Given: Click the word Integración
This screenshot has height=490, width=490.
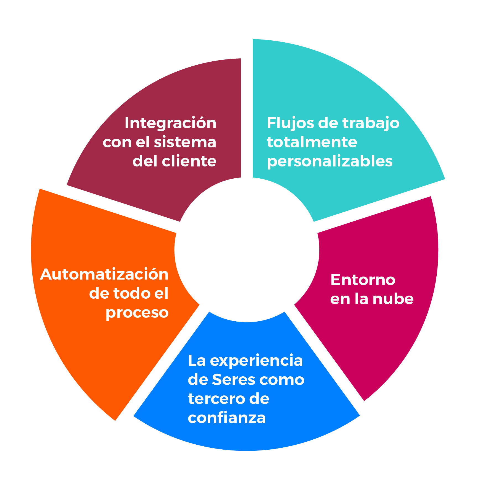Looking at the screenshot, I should pos(170,123).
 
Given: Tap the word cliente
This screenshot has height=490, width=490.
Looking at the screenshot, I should pos(189,161).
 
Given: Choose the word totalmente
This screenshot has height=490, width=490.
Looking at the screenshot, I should pos(312,142).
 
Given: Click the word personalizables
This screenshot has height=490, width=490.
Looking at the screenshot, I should pos(330,162).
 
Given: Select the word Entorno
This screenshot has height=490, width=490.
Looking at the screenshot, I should pos(363,280).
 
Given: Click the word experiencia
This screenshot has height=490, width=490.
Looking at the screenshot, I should pos(256,361).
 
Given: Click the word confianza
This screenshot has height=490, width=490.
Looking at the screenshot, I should pos(227,418).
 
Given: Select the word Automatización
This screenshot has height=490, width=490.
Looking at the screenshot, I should pos(104,275).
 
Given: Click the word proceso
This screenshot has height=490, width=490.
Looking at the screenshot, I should pos(137,313).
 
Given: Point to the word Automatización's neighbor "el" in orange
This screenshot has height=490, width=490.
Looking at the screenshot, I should pos(161,293).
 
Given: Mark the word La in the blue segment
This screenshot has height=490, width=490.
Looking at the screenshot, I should pos(197,361).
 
